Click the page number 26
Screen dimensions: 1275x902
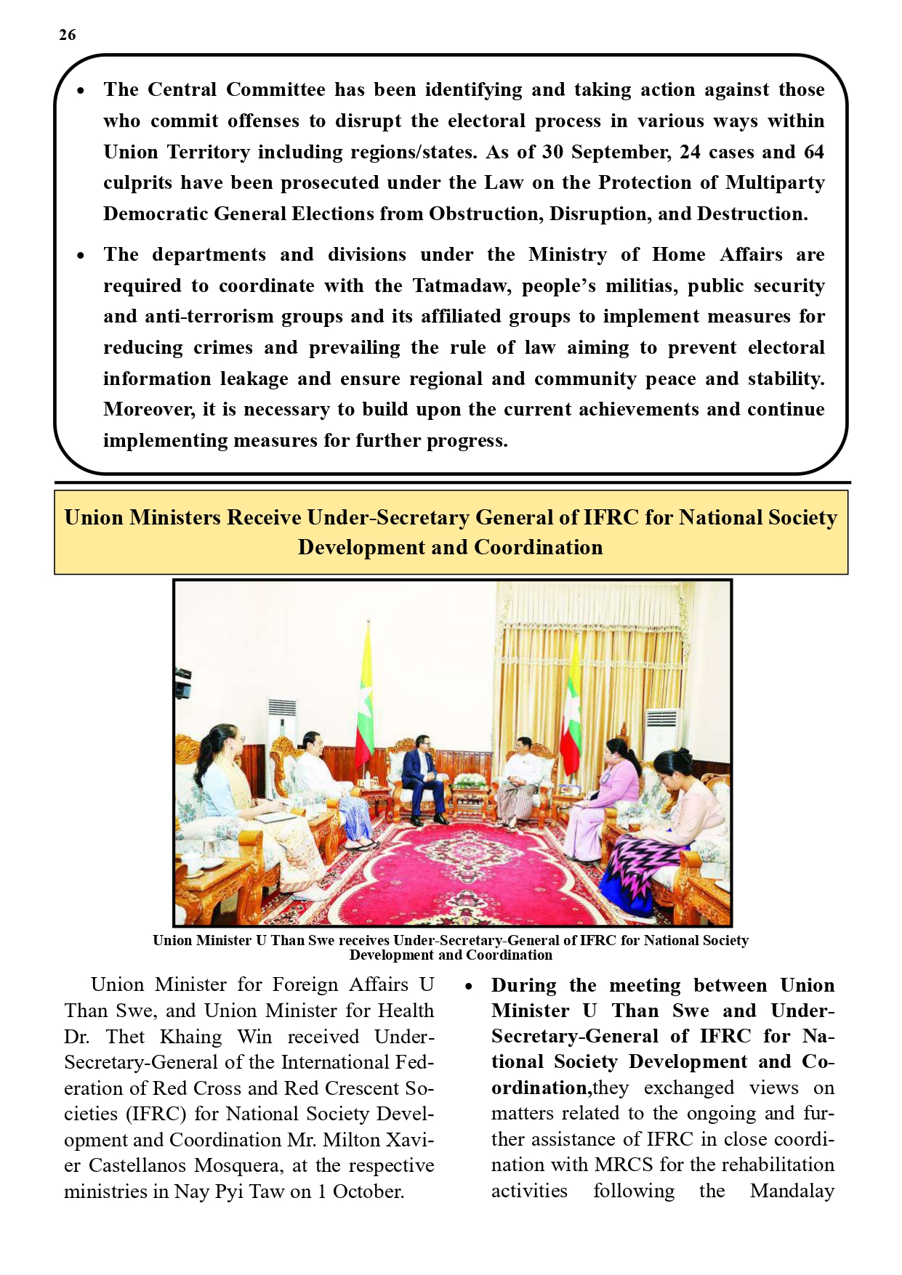[x=67, y=35]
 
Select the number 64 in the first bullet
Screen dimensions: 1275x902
[x=814, y=152]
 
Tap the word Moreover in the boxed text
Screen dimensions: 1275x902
[x=148, y=410]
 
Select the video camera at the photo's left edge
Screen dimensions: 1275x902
[x=182, y=684]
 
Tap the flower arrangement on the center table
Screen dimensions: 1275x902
[x=468, y=782]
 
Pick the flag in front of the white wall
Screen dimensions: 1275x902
[x=366, y=708]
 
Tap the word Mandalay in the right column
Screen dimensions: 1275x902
[x=792, y=1191]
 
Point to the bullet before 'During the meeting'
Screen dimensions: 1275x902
[x=469, y=987]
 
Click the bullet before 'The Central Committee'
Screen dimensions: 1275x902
[x=81, y=91]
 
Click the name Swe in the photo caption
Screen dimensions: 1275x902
[x=321, y=940]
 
